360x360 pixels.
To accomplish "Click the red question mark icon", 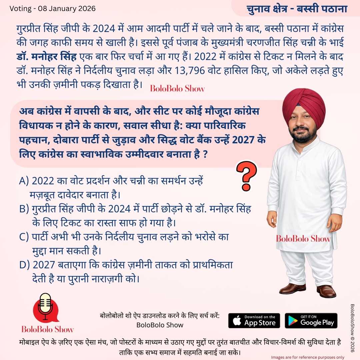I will [247, 176].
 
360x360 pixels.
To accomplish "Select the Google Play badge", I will [311, 320].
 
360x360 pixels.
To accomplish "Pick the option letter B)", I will [25, 209].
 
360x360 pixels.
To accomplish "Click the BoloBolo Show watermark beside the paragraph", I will [177, 89].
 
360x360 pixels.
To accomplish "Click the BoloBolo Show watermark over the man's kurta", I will [303, 239].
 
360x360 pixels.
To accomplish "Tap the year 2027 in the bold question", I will [245, 140].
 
